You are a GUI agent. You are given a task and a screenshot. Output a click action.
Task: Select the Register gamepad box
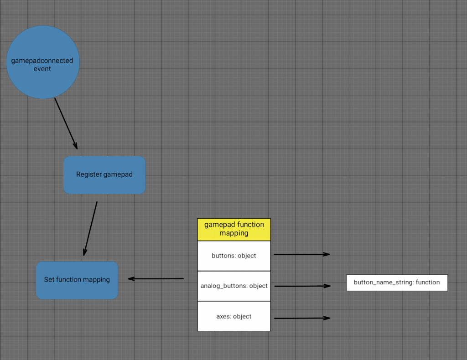[104, 175]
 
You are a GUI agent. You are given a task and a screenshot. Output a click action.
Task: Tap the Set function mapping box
[77, 280]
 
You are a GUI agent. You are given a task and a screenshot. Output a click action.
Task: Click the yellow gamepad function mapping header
[234, 229]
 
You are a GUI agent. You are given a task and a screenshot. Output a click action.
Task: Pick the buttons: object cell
[234, 256]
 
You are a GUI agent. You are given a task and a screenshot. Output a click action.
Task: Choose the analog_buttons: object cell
[234, 286]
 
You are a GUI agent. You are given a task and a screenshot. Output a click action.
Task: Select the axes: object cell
[234, 316]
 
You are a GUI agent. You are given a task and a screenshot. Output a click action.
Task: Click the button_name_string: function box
[397, 283]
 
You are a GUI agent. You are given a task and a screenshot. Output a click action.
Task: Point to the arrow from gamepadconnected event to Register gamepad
[66, 123]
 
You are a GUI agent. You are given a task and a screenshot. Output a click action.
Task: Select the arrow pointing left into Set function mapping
[155, 278]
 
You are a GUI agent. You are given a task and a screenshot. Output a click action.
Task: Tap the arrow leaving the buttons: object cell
[301, 254]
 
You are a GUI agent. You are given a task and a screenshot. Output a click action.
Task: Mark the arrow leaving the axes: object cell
[301, 318]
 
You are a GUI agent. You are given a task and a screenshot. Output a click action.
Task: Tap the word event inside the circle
[42, 69]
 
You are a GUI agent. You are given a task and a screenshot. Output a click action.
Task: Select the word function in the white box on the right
[428, 283]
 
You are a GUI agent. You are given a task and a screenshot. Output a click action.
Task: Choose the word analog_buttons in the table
[224, 286]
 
